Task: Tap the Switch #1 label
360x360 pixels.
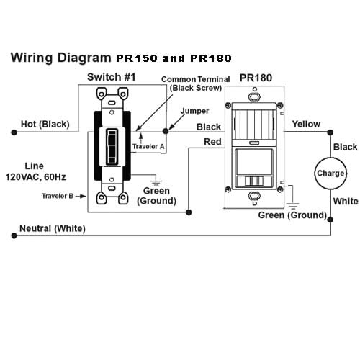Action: (109, 77)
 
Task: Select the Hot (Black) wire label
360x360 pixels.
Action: (45, 124)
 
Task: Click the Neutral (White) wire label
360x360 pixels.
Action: (53, 229)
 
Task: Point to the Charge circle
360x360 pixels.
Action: (330, 174)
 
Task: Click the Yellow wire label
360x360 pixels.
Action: (306, 124)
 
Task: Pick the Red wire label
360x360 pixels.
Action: (212, 142)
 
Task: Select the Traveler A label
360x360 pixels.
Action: (149, 147)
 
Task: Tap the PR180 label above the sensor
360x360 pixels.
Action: (256, 76)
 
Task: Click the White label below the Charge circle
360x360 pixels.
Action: (346, 202)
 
